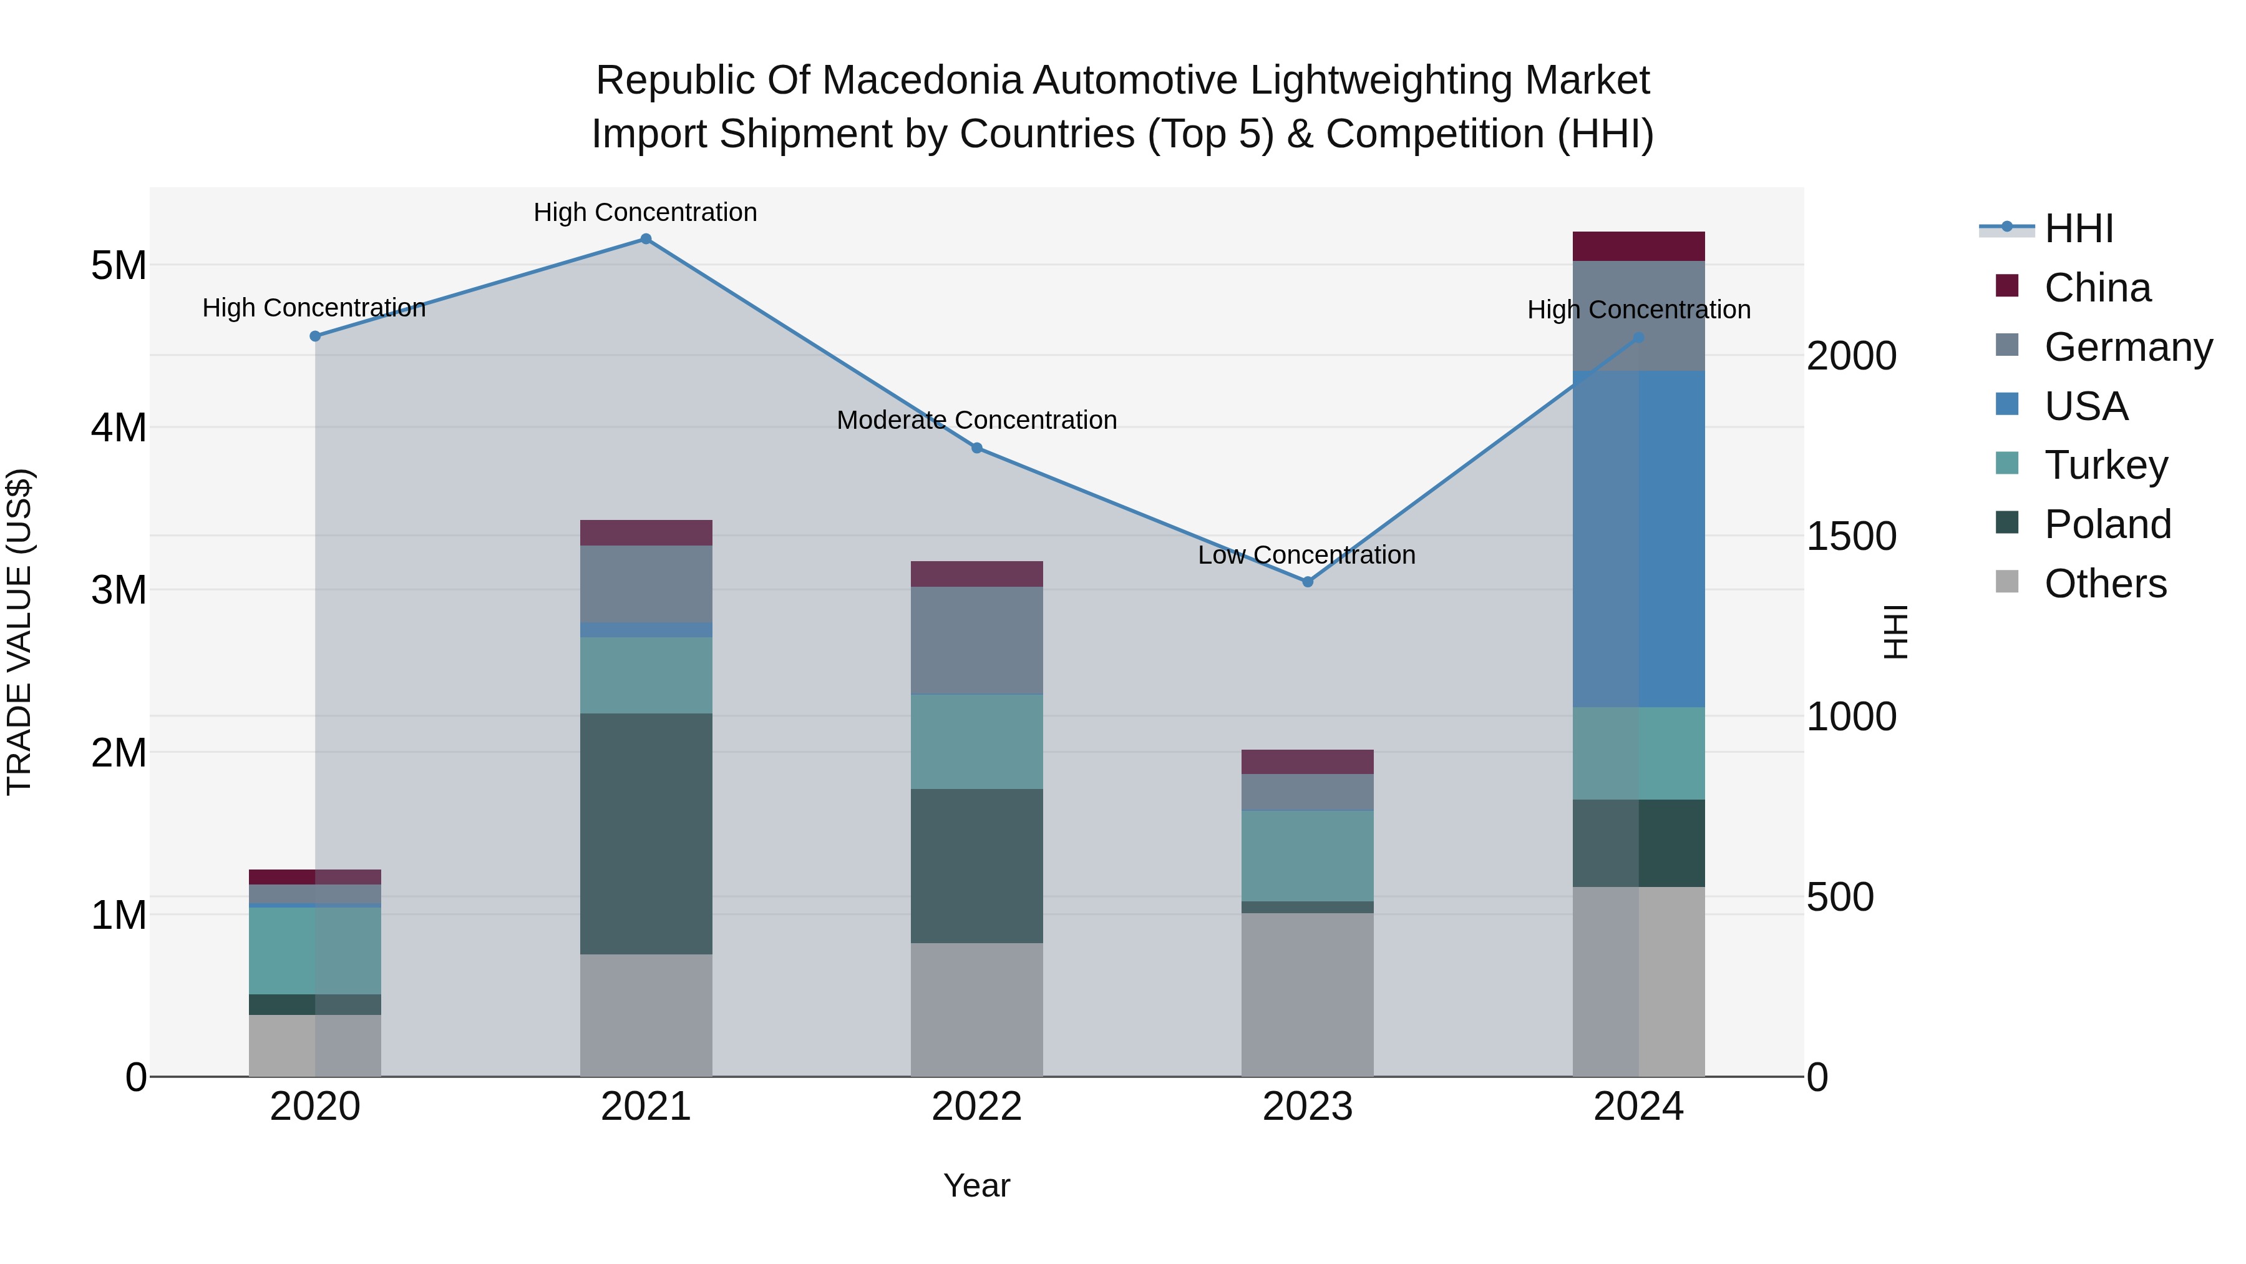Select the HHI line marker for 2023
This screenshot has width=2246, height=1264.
tap(1307, 582)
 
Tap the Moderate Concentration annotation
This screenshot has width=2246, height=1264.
tap(976, 421)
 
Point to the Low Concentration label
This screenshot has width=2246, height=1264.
tap(1306, 555)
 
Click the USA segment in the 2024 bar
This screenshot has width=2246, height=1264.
tap(1638, 539)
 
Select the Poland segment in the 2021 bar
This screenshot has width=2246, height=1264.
tap(646, 834)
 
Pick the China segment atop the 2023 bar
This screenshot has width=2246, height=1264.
tap(1307, 762)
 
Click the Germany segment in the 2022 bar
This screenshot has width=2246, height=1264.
tap(976, 640)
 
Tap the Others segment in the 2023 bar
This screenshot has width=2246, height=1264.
tap(1307, 994)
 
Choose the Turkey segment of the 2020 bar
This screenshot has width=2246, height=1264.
tap(315, 951)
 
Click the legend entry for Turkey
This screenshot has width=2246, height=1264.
tap(2106, 465)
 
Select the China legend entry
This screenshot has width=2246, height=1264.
tap(2097, 288)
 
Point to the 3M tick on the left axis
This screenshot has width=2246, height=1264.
tap(119, 590)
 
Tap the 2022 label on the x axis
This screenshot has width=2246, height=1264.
tap(976, 1107)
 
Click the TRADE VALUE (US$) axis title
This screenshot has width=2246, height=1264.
tap(19, 632)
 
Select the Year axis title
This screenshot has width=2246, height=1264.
tap(976, 1185)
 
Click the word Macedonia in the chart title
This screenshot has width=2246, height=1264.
tap(924, 81)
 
